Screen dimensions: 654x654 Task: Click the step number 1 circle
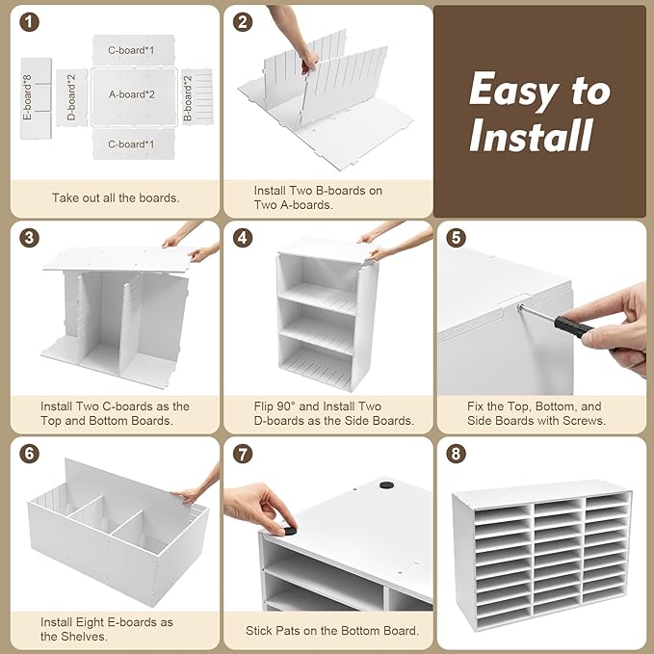point(31,22)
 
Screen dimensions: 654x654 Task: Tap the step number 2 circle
point(245,22)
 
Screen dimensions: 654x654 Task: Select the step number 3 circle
point(31,238)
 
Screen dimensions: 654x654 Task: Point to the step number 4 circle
point(245,238)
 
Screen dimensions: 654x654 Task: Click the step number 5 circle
point(457,238)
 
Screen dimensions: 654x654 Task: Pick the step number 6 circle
point(31,453)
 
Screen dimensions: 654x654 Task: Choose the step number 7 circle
point(245,453)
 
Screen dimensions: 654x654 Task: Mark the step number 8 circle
point(457,453)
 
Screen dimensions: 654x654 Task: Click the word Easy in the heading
point(510,92)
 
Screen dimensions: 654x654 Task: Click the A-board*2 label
point(132,94)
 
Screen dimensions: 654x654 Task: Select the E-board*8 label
point(29,94)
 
